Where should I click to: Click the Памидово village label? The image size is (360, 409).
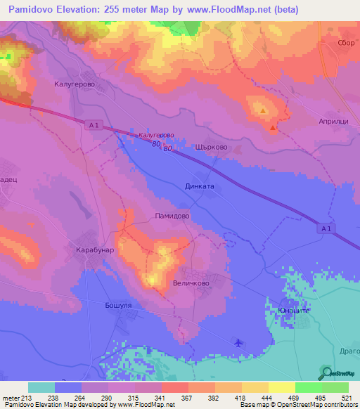pos(172,218)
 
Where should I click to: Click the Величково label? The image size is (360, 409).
pos(191,283)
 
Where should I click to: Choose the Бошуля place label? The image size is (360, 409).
pos(117,306)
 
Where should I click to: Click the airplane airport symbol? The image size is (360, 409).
pos(238,343)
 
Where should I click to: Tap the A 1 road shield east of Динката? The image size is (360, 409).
pos(323,228)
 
